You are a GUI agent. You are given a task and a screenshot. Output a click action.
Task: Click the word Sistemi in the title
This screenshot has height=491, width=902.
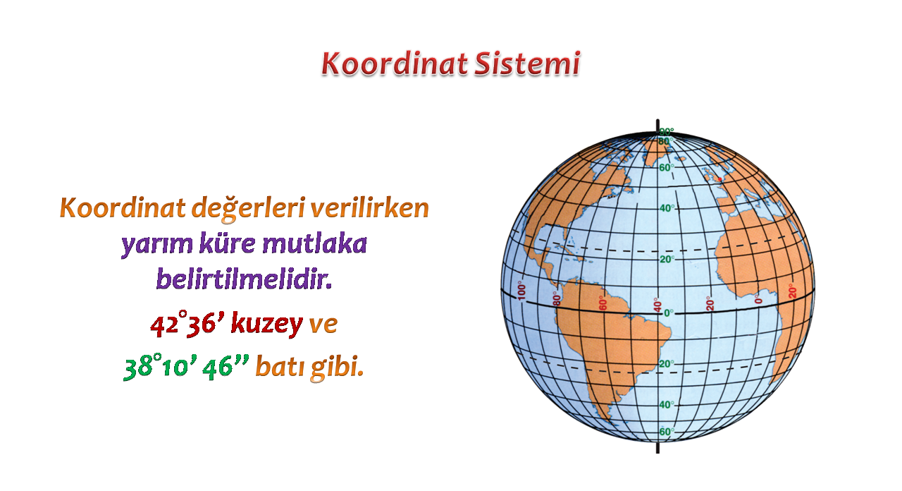527,64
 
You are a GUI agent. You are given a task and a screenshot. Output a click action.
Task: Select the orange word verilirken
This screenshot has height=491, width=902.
369,208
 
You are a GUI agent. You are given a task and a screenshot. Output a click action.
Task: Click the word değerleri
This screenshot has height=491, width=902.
247,210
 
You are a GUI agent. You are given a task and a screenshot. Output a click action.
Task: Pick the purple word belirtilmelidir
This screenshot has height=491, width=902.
244,279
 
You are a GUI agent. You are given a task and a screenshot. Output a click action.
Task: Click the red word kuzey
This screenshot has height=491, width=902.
266,325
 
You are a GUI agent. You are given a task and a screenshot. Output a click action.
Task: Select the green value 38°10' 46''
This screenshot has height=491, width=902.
187,368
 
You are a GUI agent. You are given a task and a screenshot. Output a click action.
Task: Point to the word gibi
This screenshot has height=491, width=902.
337,368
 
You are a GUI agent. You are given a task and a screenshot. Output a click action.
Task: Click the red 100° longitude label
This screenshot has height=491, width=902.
521,291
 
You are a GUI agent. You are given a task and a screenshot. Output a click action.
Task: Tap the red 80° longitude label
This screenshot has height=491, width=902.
557,299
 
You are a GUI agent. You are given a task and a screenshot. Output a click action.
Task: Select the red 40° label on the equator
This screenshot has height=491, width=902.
657,305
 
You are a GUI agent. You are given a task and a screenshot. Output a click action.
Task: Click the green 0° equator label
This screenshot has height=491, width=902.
669,313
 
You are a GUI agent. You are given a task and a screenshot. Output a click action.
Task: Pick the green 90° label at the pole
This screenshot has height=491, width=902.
667,132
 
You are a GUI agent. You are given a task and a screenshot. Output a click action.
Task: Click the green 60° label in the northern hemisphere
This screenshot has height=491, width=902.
667,167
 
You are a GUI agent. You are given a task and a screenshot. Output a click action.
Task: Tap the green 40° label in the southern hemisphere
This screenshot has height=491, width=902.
667,404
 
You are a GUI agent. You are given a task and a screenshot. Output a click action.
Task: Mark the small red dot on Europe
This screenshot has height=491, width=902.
719,179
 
